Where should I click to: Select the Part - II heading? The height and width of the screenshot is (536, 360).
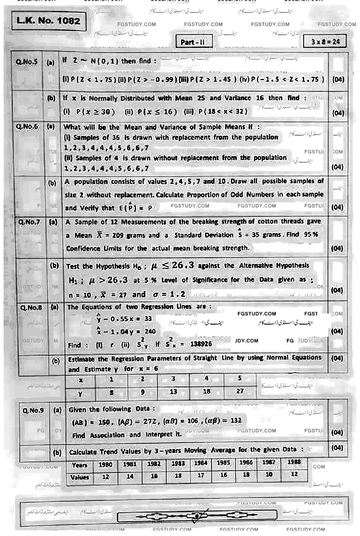tap(192, 42)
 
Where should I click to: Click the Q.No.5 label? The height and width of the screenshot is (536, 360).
tap(27, 62)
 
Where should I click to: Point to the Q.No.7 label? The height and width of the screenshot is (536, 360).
tap(29, 222)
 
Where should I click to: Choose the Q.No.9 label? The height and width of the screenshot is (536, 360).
tap(33, 410)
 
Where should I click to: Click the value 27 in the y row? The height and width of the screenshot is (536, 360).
tap(240, 391)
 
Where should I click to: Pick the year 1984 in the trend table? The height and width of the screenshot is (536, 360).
tap(201, 463)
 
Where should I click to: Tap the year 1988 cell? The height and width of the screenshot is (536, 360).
tap(294, 462)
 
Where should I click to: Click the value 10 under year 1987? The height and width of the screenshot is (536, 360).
tap(269, 474)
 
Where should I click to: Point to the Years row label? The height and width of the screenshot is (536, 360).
tap(79, 465)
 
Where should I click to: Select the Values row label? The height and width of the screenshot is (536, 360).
tap(79, 477)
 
